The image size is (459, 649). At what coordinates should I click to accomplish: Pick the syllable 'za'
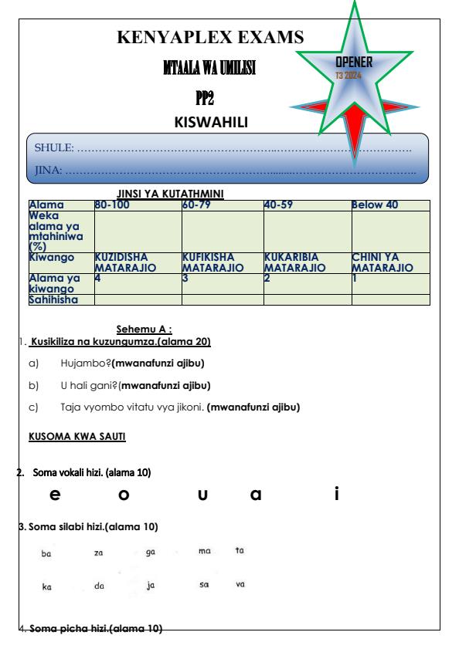pyautogui.click(x=98, y=553)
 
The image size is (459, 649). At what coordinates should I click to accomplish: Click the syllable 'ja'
pyautogui.click(x=150, y=586)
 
